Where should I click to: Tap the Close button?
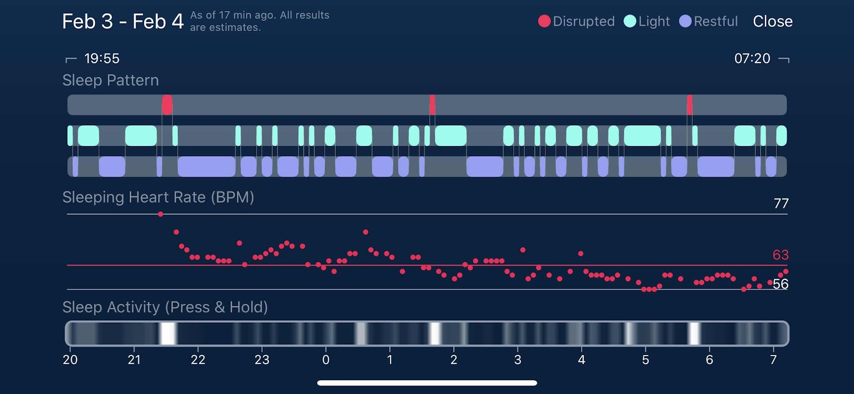click(x=772, y=21)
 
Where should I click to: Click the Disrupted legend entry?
click(x=576, y=21)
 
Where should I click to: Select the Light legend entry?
click(x=646, y=21)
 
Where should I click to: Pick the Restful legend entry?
click(x=708, y=21)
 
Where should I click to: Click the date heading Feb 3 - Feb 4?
click(x=123, y=21)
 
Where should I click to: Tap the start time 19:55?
click(x=101, y=58)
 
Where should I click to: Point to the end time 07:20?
click(x=752, y=58)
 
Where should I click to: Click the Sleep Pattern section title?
click(x=110, y=80)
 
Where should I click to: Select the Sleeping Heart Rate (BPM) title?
click(x=158, y=197)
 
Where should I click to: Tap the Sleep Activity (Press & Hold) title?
click(x=165, y=307)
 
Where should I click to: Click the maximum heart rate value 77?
click(x=781, y=203)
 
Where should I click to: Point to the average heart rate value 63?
click(x=780, y=255)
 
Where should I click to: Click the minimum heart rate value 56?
click(x=780, y=284)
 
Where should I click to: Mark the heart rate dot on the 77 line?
click(x=161, y=214)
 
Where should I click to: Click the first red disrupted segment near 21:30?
click(x=167, y=105)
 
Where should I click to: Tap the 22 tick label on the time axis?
click(x=198, y=360)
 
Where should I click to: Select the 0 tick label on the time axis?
click(x=326, y=360)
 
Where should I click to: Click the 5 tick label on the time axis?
click(x=645, y=360)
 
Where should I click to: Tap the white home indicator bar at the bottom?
click(x=427, y=383)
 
